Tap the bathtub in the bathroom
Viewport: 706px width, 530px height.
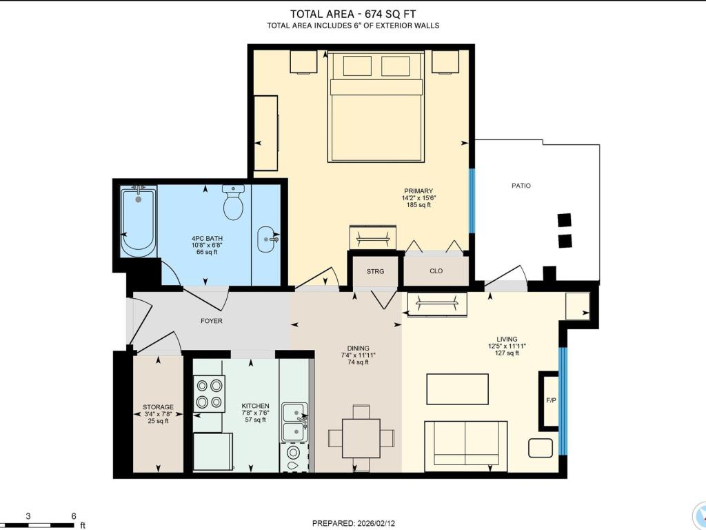(139, 222)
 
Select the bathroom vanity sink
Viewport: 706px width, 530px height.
(267, 239)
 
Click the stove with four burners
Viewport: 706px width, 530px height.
(210, 393)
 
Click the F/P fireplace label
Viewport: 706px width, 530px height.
(551, 400)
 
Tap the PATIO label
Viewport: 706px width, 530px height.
(521, 185)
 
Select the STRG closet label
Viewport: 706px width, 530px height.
(375, 271)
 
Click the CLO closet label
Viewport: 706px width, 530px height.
(436, 271)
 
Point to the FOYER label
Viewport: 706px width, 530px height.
(211, 321)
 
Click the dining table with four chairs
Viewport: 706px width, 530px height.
(361, 438)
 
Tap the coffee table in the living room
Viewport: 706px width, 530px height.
(458, 389)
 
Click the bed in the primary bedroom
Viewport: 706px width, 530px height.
(376, 107)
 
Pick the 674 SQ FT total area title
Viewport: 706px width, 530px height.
(352, 14)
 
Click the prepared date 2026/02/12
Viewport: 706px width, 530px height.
(354, 523)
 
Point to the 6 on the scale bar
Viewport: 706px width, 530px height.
(73, 516)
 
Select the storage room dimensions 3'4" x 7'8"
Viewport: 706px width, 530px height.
(158, 414)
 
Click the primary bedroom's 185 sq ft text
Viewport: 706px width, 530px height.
(418, 204)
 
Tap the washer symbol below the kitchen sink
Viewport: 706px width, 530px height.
(294, 458)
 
